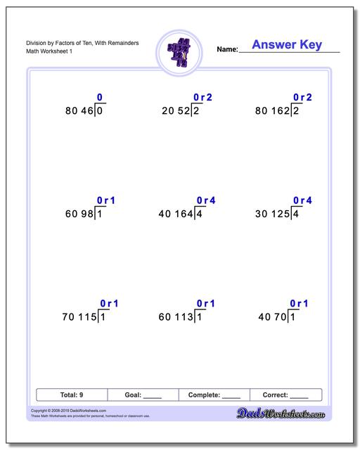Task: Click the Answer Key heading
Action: point(287,45)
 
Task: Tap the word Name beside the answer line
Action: point(227,49)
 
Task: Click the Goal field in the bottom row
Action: point(144,395)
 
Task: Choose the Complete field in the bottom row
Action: point(215,395)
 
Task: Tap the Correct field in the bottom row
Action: point(285,395)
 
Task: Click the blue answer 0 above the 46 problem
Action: point(99,98)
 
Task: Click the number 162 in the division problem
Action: point(279,110)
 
